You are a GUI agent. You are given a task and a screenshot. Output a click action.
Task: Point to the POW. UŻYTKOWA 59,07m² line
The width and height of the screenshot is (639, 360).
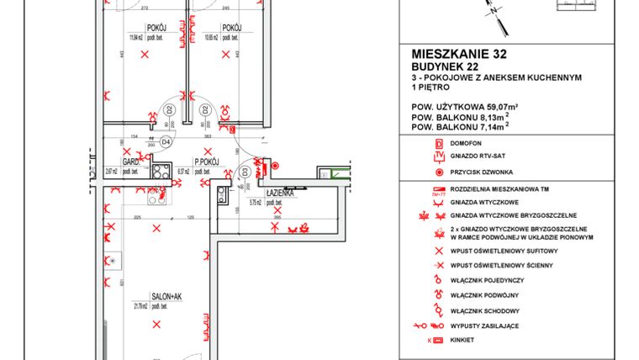[x=463, y=107]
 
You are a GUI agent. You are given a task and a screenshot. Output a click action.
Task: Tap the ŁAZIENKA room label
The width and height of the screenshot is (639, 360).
[x=278, y=193]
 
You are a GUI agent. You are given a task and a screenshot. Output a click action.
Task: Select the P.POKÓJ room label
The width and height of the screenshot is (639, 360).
[x=206, y=161]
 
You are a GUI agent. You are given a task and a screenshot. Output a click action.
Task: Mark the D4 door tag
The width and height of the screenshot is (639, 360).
[x=166, y=141]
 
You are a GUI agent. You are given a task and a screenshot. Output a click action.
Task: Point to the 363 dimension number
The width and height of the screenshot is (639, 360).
[x=207, y=135]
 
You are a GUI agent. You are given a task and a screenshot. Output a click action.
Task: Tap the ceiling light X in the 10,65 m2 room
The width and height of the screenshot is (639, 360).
[x=224, y=56]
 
